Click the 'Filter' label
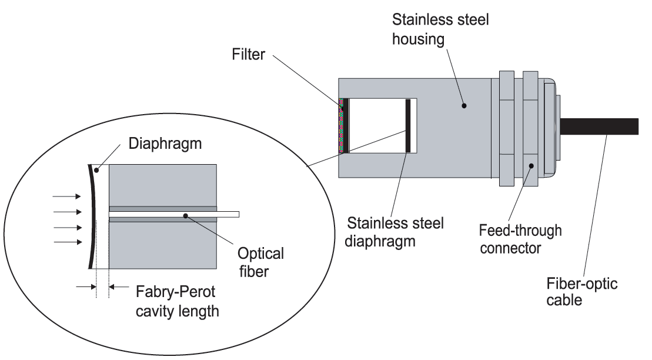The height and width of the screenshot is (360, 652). point(248,54)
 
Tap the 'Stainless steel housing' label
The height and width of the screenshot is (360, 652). point(440,29)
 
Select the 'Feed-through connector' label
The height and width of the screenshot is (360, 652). point(520,239)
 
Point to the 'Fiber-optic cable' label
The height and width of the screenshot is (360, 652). point(581,291)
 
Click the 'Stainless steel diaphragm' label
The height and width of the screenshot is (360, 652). point(395,232)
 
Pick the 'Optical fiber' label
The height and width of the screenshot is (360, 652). point(260,262)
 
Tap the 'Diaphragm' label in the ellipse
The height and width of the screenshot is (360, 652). point(165,143)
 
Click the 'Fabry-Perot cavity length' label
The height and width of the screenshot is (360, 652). point(177,301)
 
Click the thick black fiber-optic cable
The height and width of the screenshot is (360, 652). point(598,126)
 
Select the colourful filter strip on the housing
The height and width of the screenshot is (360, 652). point(342,126)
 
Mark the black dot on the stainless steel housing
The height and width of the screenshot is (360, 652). point(464,106)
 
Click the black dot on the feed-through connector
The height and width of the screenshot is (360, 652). point(531,166)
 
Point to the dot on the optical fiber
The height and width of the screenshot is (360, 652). point(185,215)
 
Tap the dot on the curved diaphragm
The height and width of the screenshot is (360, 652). point(96,170)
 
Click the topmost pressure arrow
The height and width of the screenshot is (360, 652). point(67,196)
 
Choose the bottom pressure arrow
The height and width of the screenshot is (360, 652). point(68,242)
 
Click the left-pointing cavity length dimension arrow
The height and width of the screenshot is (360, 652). point(119,286)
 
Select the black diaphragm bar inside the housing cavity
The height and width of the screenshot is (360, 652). point(408,126)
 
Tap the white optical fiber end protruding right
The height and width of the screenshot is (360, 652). point(228,214)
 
